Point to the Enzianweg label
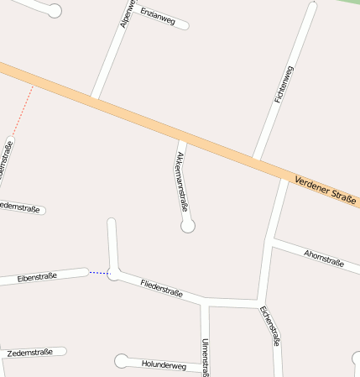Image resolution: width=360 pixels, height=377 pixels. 158,16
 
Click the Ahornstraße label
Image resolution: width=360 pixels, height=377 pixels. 324,258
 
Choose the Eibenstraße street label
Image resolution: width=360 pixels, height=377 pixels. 37,276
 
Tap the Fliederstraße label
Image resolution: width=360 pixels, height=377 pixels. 162,288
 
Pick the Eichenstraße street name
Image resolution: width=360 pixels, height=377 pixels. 270,326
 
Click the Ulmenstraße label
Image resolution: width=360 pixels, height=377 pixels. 206,356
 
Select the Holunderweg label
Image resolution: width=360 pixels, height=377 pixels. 164,365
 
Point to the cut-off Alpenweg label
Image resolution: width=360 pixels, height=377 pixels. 126,13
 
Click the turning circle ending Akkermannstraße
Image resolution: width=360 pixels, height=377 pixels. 188,226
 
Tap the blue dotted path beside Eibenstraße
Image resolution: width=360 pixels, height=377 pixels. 99,272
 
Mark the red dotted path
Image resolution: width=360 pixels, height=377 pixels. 23,110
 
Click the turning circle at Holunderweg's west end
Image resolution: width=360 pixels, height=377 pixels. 123,361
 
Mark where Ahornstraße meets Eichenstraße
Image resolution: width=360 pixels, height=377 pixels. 270,241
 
